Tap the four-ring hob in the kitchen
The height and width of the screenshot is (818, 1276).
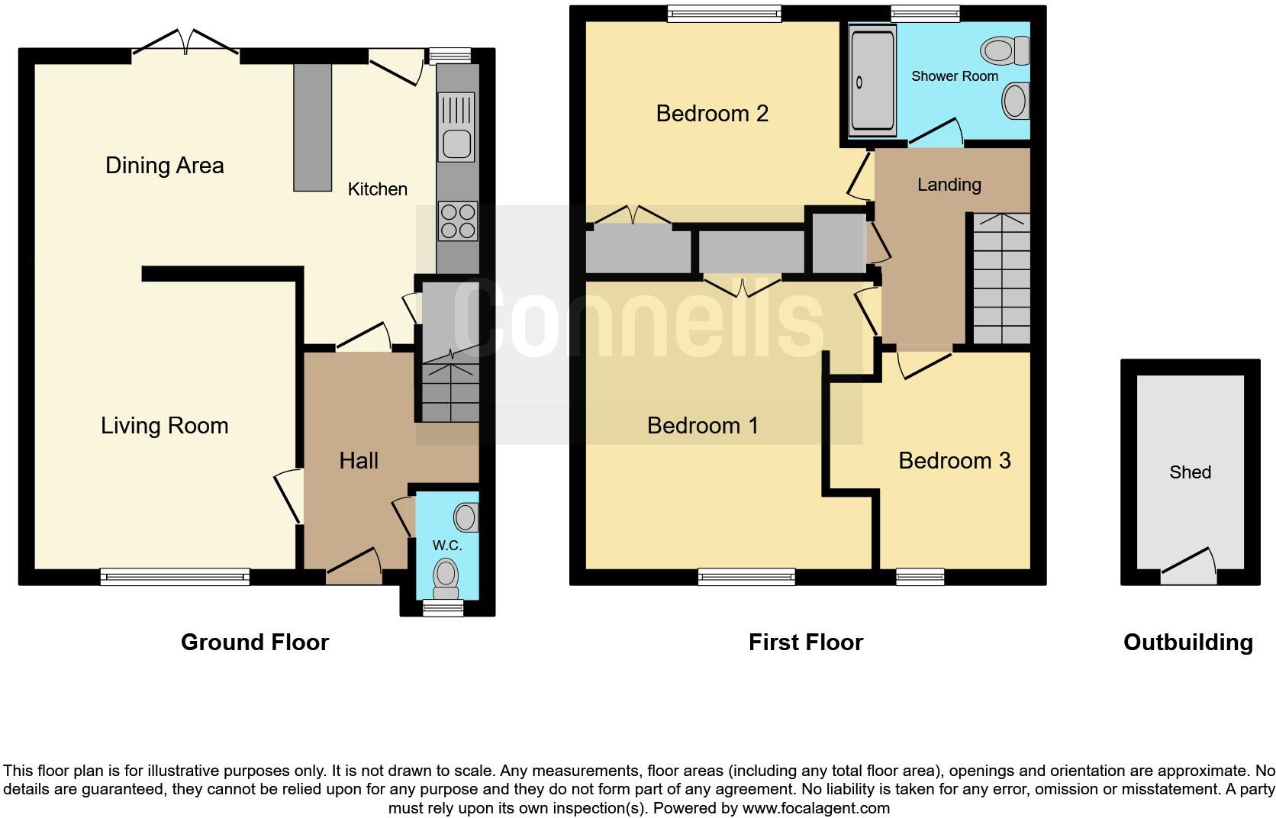click(x=457, y=221)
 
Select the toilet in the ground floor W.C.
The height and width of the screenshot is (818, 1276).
click(x=445, y=578)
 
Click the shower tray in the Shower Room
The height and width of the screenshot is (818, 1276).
click(x=871, y=80)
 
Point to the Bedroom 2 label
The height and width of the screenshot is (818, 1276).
click(x=711, y=114)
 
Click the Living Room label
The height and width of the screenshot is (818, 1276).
click(x=164, y=426)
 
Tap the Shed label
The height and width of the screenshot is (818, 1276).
click(x=1190, y=472)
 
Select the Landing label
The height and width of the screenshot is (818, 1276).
click(x=949, y=185)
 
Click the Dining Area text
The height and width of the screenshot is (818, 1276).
click(x=164, y=166)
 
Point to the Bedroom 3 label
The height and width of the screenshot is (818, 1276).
click(x=954, y=461)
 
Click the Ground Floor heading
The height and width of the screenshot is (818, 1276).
click(x=254, y=642)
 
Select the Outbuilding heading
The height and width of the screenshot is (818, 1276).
click(x=1187, y=642)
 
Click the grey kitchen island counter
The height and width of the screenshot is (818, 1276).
click(x=313, y=127)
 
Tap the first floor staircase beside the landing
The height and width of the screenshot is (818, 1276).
click(x=1000, y=279)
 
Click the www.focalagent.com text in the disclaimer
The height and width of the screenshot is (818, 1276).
click(x=816, y=808)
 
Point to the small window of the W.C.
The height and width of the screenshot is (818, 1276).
click(x=443, y=608)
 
